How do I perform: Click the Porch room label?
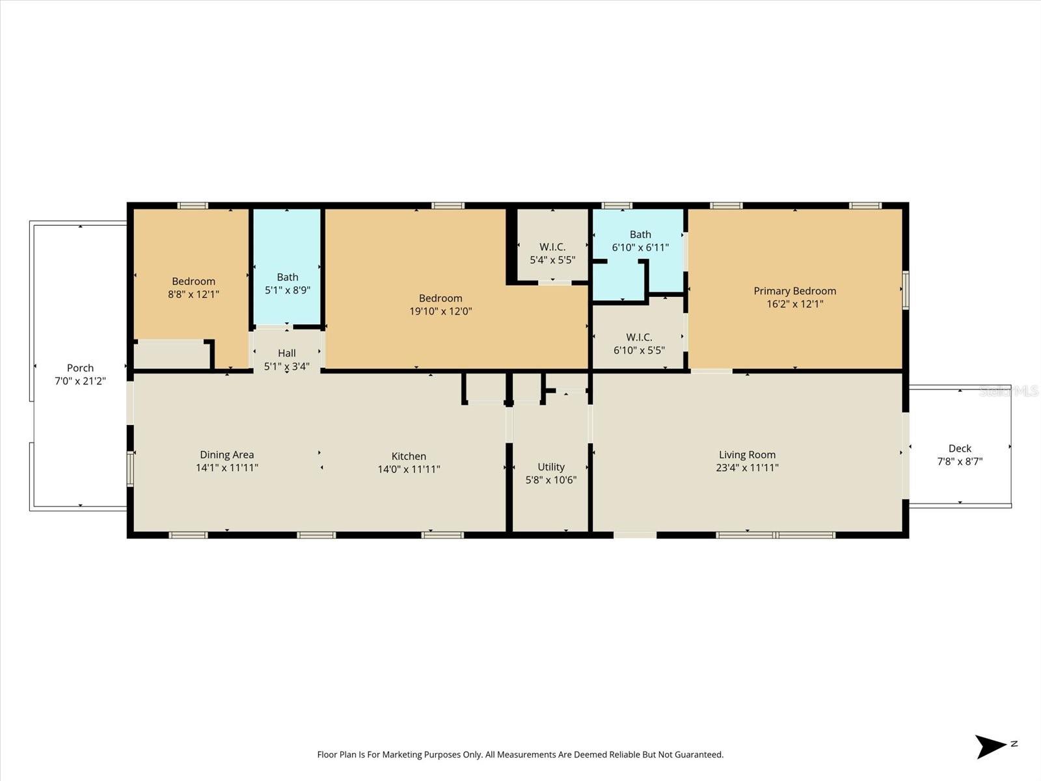(x=80, y=368)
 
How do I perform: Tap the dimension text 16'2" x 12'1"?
(x=794, y=304)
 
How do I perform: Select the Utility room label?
(x=551, y=467)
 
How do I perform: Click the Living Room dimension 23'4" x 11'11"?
(x=747, y=467)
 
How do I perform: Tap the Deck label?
(x=960, y=448)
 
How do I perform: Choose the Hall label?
(x=287, y=353)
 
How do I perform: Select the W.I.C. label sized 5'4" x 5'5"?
(x=552, y=247)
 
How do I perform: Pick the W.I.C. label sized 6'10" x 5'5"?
(x=639, y=337)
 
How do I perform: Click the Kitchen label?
(x=409, y=456)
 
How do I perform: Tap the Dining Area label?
(x=227, y=455)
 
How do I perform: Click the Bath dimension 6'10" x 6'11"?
(x=640, y=247)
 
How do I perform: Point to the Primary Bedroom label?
(x=794, y=291)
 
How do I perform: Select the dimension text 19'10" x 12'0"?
(x=440, y=311)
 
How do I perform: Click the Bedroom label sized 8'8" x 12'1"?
(x=193, y=281)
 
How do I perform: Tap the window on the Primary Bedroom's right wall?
(x=905, y=290)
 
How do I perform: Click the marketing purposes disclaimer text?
(x=520, y=755)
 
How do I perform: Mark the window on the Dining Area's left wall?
(x=130, y=469)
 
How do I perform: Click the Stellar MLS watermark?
(x=1008, y=391)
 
